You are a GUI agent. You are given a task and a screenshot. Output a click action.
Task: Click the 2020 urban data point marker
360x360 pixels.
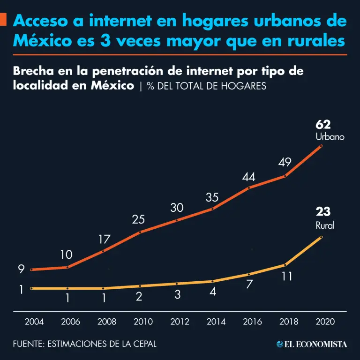[321, 146]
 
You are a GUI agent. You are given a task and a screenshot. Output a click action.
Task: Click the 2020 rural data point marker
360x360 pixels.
[321, 237]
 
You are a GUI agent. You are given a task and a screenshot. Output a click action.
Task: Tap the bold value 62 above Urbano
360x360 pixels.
[323, 124]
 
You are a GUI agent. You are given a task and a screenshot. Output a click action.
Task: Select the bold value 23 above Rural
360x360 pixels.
[323, 212]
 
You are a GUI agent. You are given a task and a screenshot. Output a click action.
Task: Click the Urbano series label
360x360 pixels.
[330, 137]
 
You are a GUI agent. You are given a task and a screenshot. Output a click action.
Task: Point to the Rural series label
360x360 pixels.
[325, 225]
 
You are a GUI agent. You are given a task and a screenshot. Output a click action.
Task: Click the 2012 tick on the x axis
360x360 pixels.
[180, 322]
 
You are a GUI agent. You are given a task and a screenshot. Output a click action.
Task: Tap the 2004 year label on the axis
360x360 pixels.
[34, 322]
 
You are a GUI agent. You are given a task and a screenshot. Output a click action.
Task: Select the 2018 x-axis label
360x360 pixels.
[289, 322]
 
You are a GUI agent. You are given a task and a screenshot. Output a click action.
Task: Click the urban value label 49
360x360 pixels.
[285, 162]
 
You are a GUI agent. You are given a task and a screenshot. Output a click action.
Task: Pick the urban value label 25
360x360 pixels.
[138, 219]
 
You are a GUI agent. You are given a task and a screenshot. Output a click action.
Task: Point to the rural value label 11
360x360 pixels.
[287, 276]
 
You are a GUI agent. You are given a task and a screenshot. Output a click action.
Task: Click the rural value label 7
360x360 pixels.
[249, 284]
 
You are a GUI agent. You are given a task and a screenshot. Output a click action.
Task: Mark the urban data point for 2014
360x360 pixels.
[212, 209]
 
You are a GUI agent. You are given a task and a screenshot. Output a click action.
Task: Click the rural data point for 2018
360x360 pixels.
[285, 265]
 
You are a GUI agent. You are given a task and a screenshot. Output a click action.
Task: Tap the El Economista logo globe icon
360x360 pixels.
[280, 344]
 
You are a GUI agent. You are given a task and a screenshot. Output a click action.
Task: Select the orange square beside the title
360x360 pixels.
[3, 19]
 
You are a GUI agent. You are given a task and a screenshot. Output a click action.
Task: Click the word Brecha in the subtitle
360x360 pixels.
[33, 71]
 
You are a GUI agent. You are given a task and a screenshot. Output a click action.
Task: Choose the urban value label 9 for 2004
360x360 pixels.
[21, 269]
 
